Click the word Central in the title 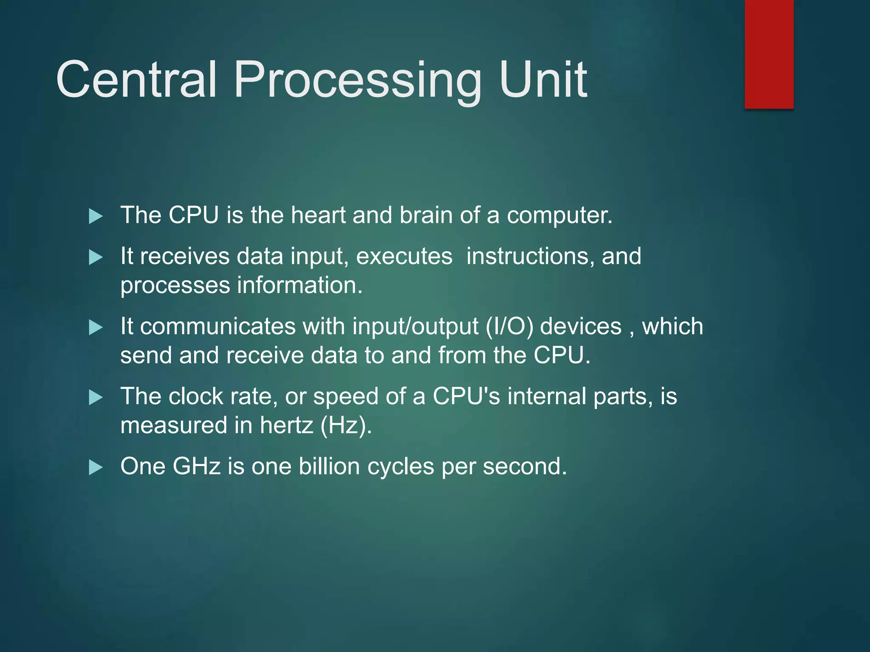(136, 79)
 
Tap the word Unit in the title (543, 79)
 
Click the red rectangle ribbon (769, 54)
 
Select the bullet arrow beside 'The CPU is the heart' (96, 216)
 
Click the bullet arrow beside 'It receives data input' (96, 257)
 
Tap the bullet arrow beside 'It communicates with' (96, 328)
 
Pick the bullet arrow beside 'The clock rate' (96, 398)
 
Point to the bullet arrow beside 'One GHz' (96, 468)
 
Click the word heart (318, 215)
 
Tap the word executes (404, 257)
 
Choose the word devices (581, 327)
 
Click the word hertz (286, 425)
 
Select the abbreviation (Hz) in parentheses (345, 425)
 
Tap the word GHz (196, 467)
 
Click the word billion (329, 467)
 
